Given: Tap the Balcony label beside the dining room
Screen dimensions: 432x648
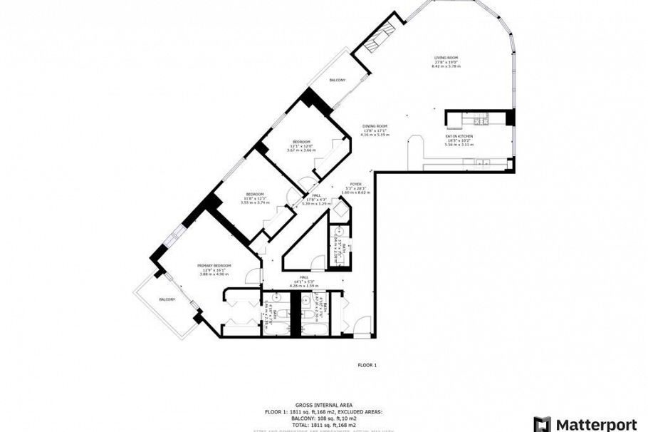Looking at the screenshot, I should [x=337, y=81].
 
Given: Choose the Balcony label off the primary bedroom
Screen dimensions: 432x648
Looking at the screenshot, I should [x=167, y=299].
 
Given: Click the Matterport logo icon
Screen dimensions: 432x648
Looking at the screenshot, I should [x=543, y=423].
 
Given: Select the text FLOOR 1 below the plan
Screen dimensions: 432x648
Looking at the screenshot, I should [x=367, y=365].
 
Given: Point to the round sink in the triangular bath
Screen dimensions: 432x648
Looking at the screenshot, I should [x=340, y=232].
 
